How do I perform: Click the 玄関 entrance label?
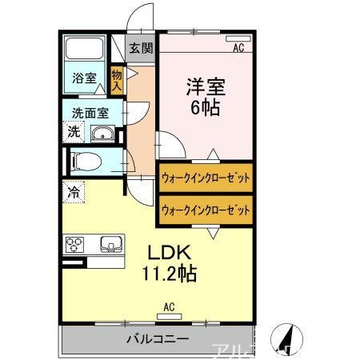[x=141, y=47]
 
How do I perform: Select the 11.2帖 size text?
[x=170, y=274]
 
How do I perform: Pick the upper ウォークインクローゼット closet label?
[x=206, y=176]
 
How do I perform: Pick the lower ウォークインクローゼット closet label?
[x=206, y=210]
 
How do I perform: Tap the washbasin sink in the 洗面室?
[x=102, y=134]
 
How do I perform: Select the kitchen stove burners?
[x=76, y=245]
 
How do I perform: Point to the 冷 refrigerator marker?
[x=74, y=193]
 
